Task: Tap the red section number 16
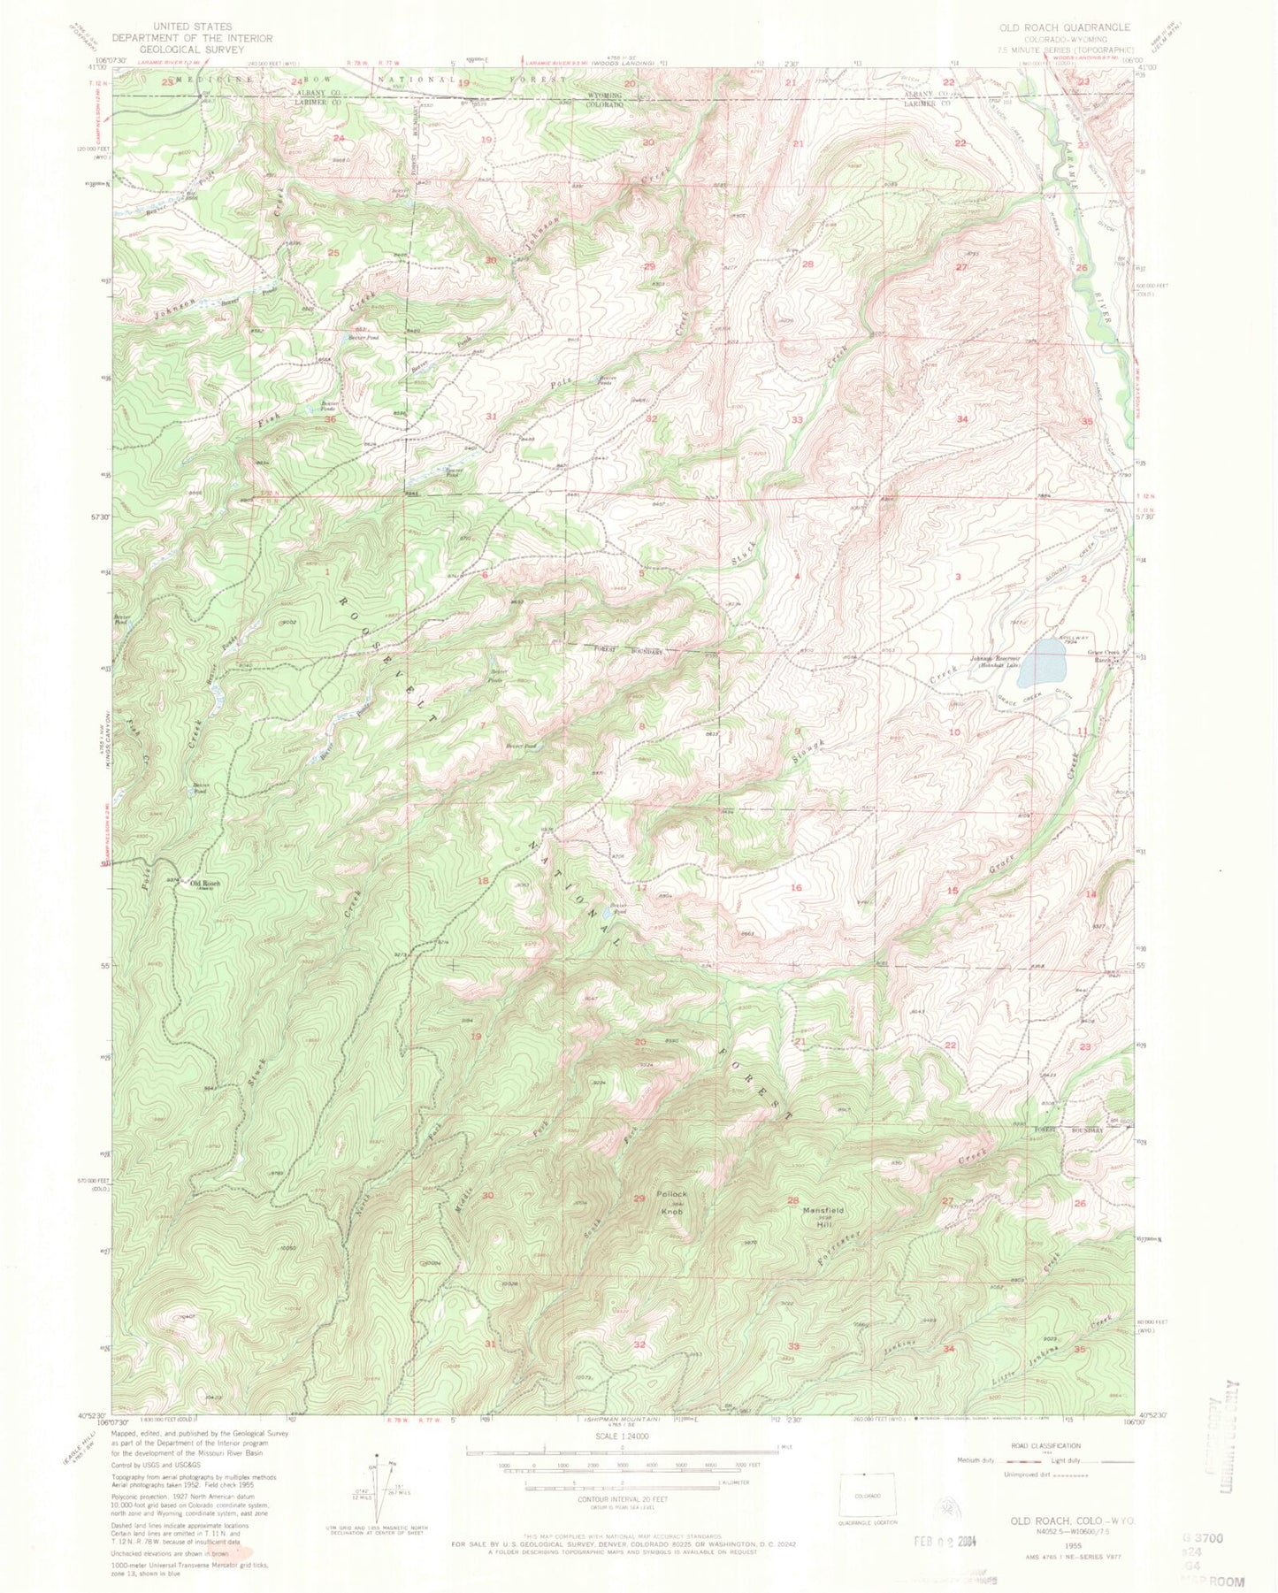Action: pyautogui.click(x=796, y=887)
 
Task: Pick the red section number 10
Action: pyautogui.click(x=954, y=732)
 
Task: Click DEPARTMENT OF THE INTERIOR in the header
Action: pyautogui.click(x=193, y=39)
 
